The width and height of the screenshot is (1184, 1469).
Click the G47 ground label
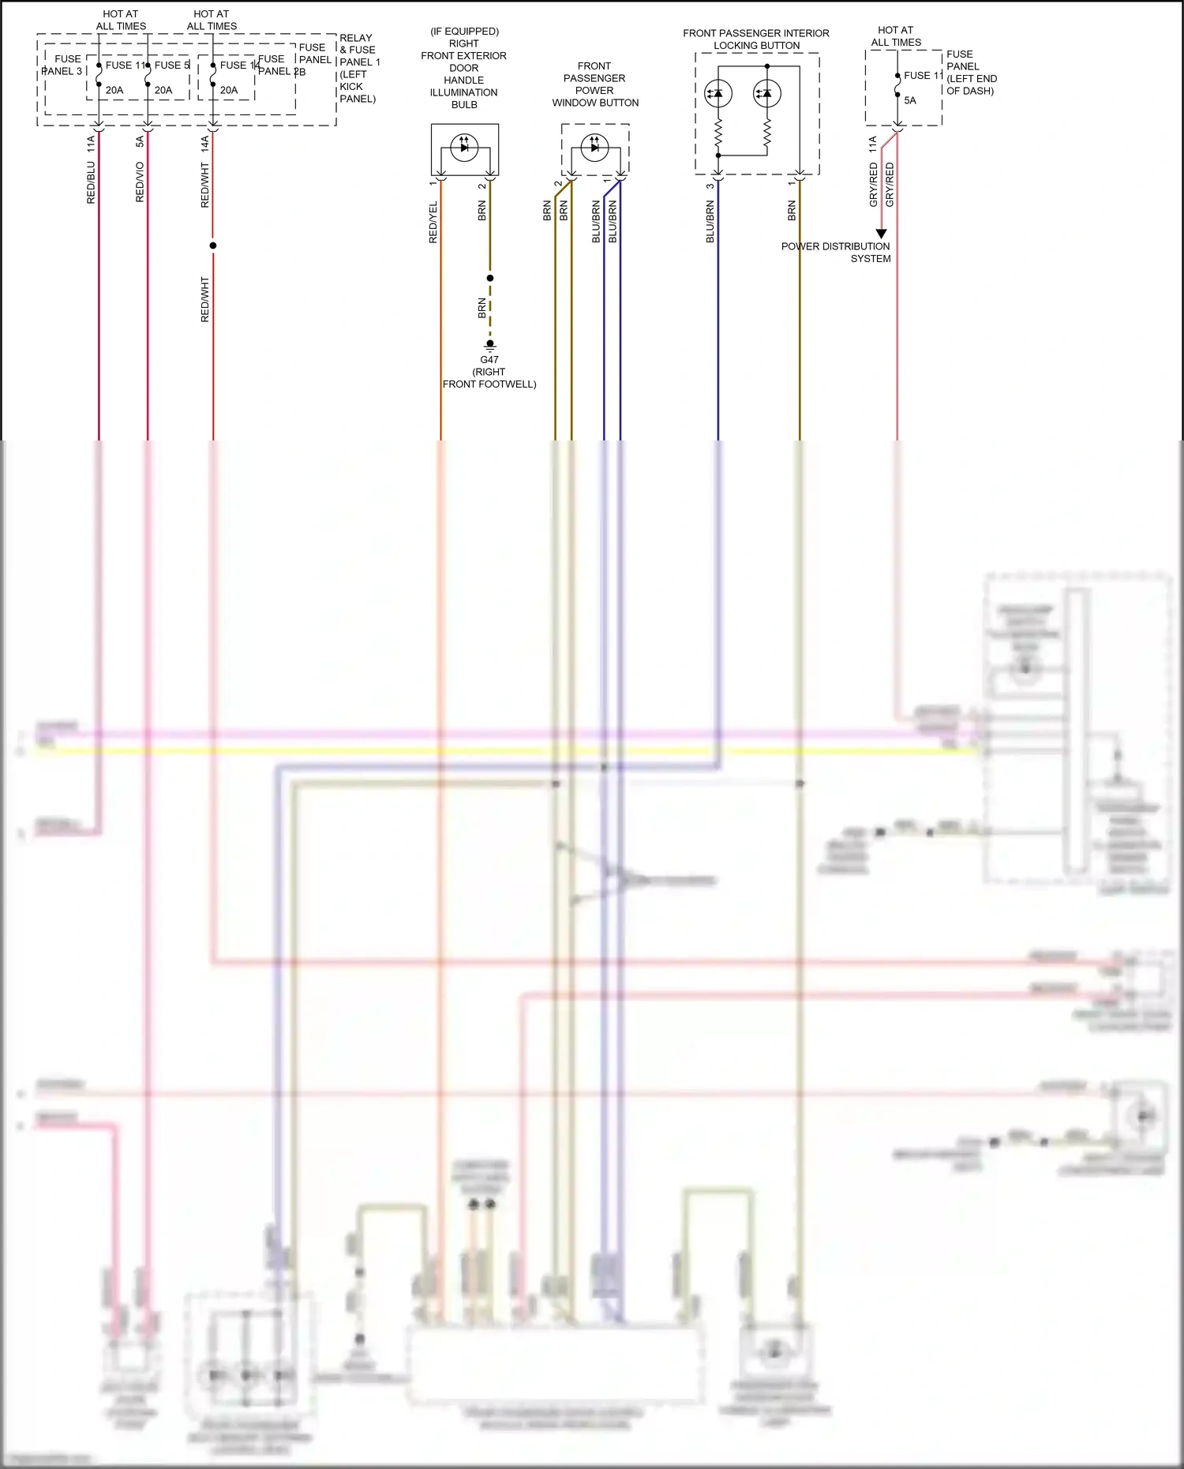(489, 360)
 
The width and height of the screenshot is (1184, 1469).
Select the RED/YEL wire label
(433, 223)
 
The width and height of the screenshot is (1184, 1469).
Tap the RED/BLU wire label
(91, 182)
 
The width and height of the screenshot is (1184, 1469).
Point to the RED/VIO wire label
(140, 182)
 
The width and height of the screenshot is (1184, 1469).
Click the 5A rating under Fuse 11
(910, 100)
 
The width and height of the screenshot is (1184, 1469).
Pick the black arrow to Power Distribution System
(882, 234)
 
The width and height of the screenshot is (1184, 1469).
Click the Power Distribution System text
(836, 253)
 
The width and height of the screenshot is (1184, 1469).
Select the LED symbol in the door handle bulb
(464, 147)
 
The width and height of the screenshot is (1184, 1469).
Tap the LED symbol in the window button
(594, 147)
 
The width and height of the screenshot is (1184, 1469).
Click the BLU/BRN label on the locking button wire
(710, 221)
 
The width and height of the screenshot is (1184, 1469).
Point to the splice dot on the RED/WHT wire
(213, 245)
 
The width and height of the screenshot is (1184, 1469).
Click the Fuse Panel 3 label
(63, 65)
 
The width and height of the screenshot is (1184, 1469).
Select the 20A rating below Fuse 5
(163, 90)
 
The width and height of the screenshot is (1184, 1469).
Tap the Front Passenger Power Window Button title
(595, 84)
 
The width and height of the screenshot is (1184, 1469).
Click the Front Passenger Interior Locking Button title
(756, 39)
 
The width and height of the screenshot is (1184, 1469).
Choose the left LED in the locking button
(718, 93)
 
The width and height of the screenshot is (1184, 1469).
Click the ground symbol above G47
(489, 345)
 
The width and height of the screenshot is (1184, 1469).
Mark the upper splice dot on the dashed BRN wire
(490, 278)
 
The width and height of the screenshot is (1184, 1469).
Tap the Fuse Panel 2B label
(279, 65)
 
